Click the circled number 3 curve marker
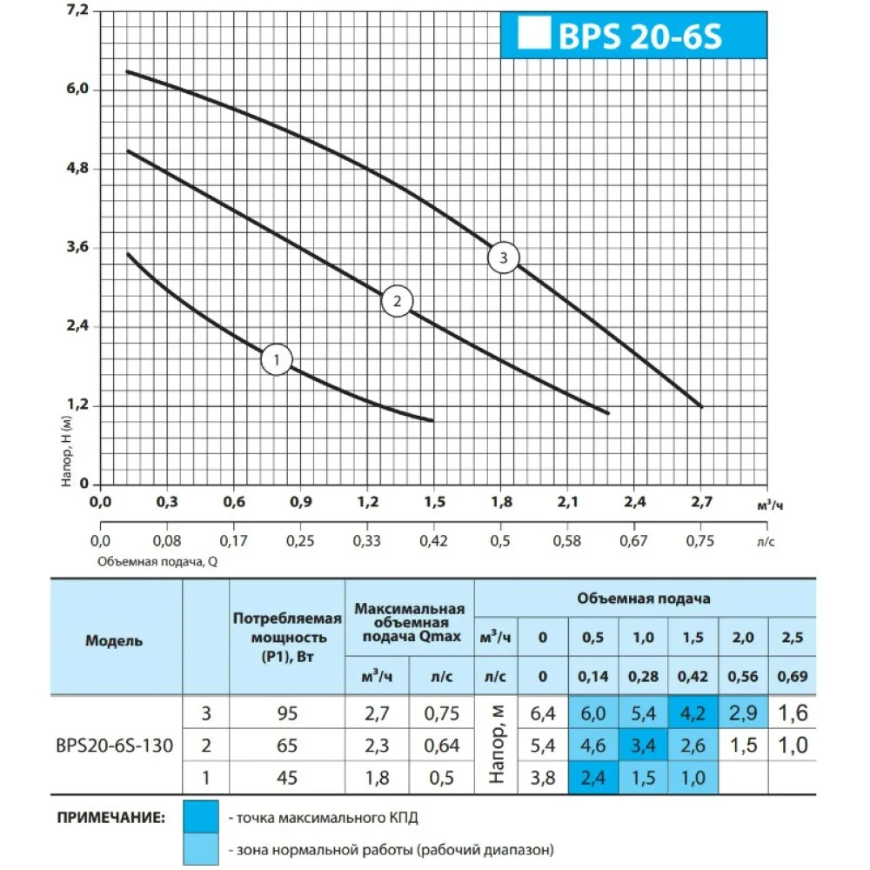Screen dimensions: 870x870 point(503,258)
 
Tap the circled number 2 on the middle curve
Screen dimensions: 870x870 point(397,302)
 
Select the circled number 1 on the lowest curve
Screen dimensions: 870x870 point(277,359)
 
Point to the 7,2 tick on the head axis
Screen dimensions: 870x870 point(77,11)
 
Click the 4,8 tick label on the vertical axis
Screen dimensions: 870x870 point(77,169)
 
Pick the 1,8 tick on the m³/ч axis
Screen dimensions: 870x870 point(501,502)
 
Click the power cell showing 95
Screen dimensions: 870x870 point(287,714)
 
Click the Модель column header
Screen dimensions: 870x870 point(114,641)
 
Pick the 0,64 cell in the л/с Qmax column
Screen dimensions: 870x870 point(442,746)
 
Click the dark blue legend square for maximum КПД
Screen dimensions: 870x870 point(201,818)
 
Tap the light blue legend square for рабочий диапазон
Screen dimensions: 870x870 point(201,848)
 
